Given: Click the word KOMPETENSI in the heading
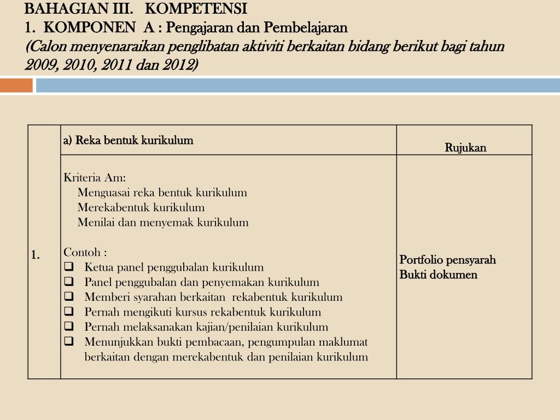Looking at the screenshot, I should [x=196, y=9].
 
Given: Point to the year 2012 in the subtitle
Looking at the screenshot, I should [x=178, y=65].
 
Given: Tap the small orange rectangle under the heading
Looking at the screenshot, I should [x=16, y=86].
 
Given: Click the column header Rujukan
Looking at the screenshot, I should [x=465, y=148].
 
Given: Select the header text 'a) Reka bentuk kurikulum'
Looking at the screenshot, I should [x=129, y=141].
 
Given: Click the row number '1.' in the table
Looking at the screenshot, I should [x=36, y=255].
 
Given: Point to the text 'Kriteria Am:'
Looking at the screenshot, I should [x=95, y=178].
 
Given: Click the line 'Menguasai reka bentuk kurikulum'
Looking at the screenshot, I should [x=162, y=192].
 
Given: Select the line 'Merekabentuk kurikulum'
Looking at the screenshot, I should [x=141, y=207].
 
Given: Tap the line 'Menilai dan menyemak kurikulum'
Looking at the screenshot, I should [x=163, y=222].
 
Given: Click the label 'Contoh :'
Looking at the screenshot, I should [x=85, y=252].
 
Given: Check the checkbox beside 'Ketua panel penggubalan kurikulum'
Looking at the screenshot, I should [x=69, y=267].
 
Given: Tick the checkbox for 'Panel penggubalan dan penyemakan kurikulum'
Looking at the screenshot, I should [x=69, y=282].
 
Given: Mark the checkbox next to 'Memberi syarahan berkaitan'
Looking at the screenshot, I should [x=69, y=297].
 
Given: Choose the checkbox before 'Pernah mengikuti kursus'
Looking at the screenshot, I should [x=69, y=312].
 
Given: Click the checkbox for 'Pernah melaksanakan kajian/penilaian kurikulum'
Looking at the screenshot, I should [x=69, y=326].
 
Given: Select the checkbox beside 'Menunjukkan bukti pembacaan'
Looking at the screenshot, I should [x=69, y=342].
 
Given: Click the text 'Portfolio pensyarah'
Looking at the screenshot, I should [x=447, y=260].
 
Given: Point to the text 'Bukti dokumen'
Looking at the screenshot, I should [x=438, y=275].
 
